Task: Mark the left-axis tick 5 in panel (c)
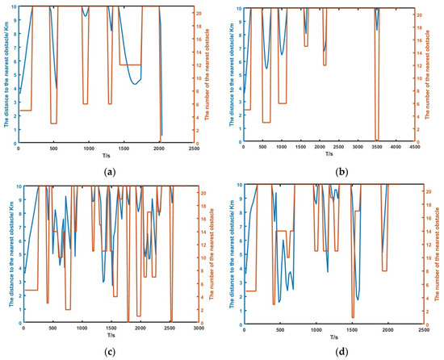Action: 14,253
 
